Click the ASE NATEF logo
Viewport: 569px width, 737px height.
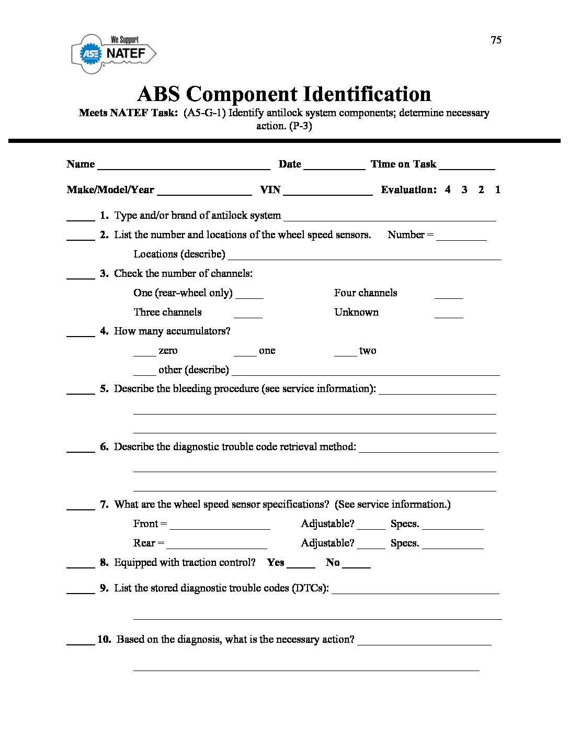(113, 54)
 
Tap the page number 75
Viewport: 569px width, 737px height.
(496, 40)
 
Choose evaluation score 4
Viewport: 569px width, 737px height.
(448, 189)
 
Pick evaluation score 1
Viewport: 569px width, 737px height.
(497, 189)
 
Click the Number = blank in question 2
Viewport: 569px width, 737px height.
(461, 237)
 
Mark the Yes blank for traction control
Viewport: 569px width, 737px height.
(301, 565)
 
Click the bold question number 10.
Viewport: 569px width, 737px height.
(104, 639)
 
